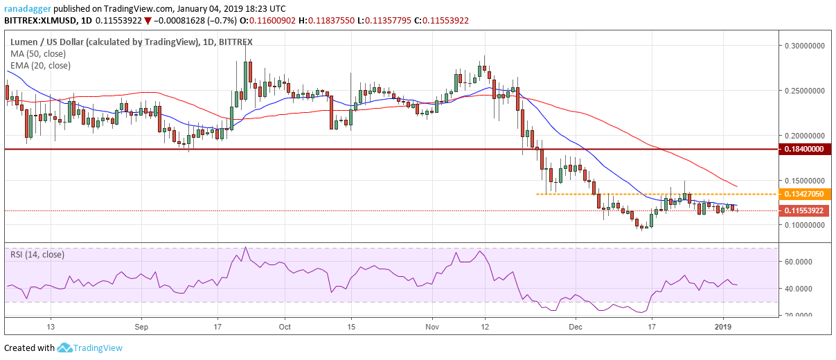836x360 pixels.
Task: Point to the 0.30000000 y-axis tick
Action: point(805,46)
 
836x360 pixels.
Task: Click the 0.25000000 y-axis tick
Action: point(805,91)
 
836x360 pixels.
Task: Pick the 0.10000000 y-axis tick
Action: point(805,225)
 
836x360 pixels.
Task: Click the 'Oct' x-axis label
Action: point(285,326)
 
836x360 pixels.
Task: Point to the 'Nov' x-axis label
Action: point(432,326)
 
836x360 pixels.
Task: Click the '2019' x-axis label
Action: point(724,326)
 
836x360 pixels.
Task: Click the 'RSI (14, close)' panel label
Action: point(39,255)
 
